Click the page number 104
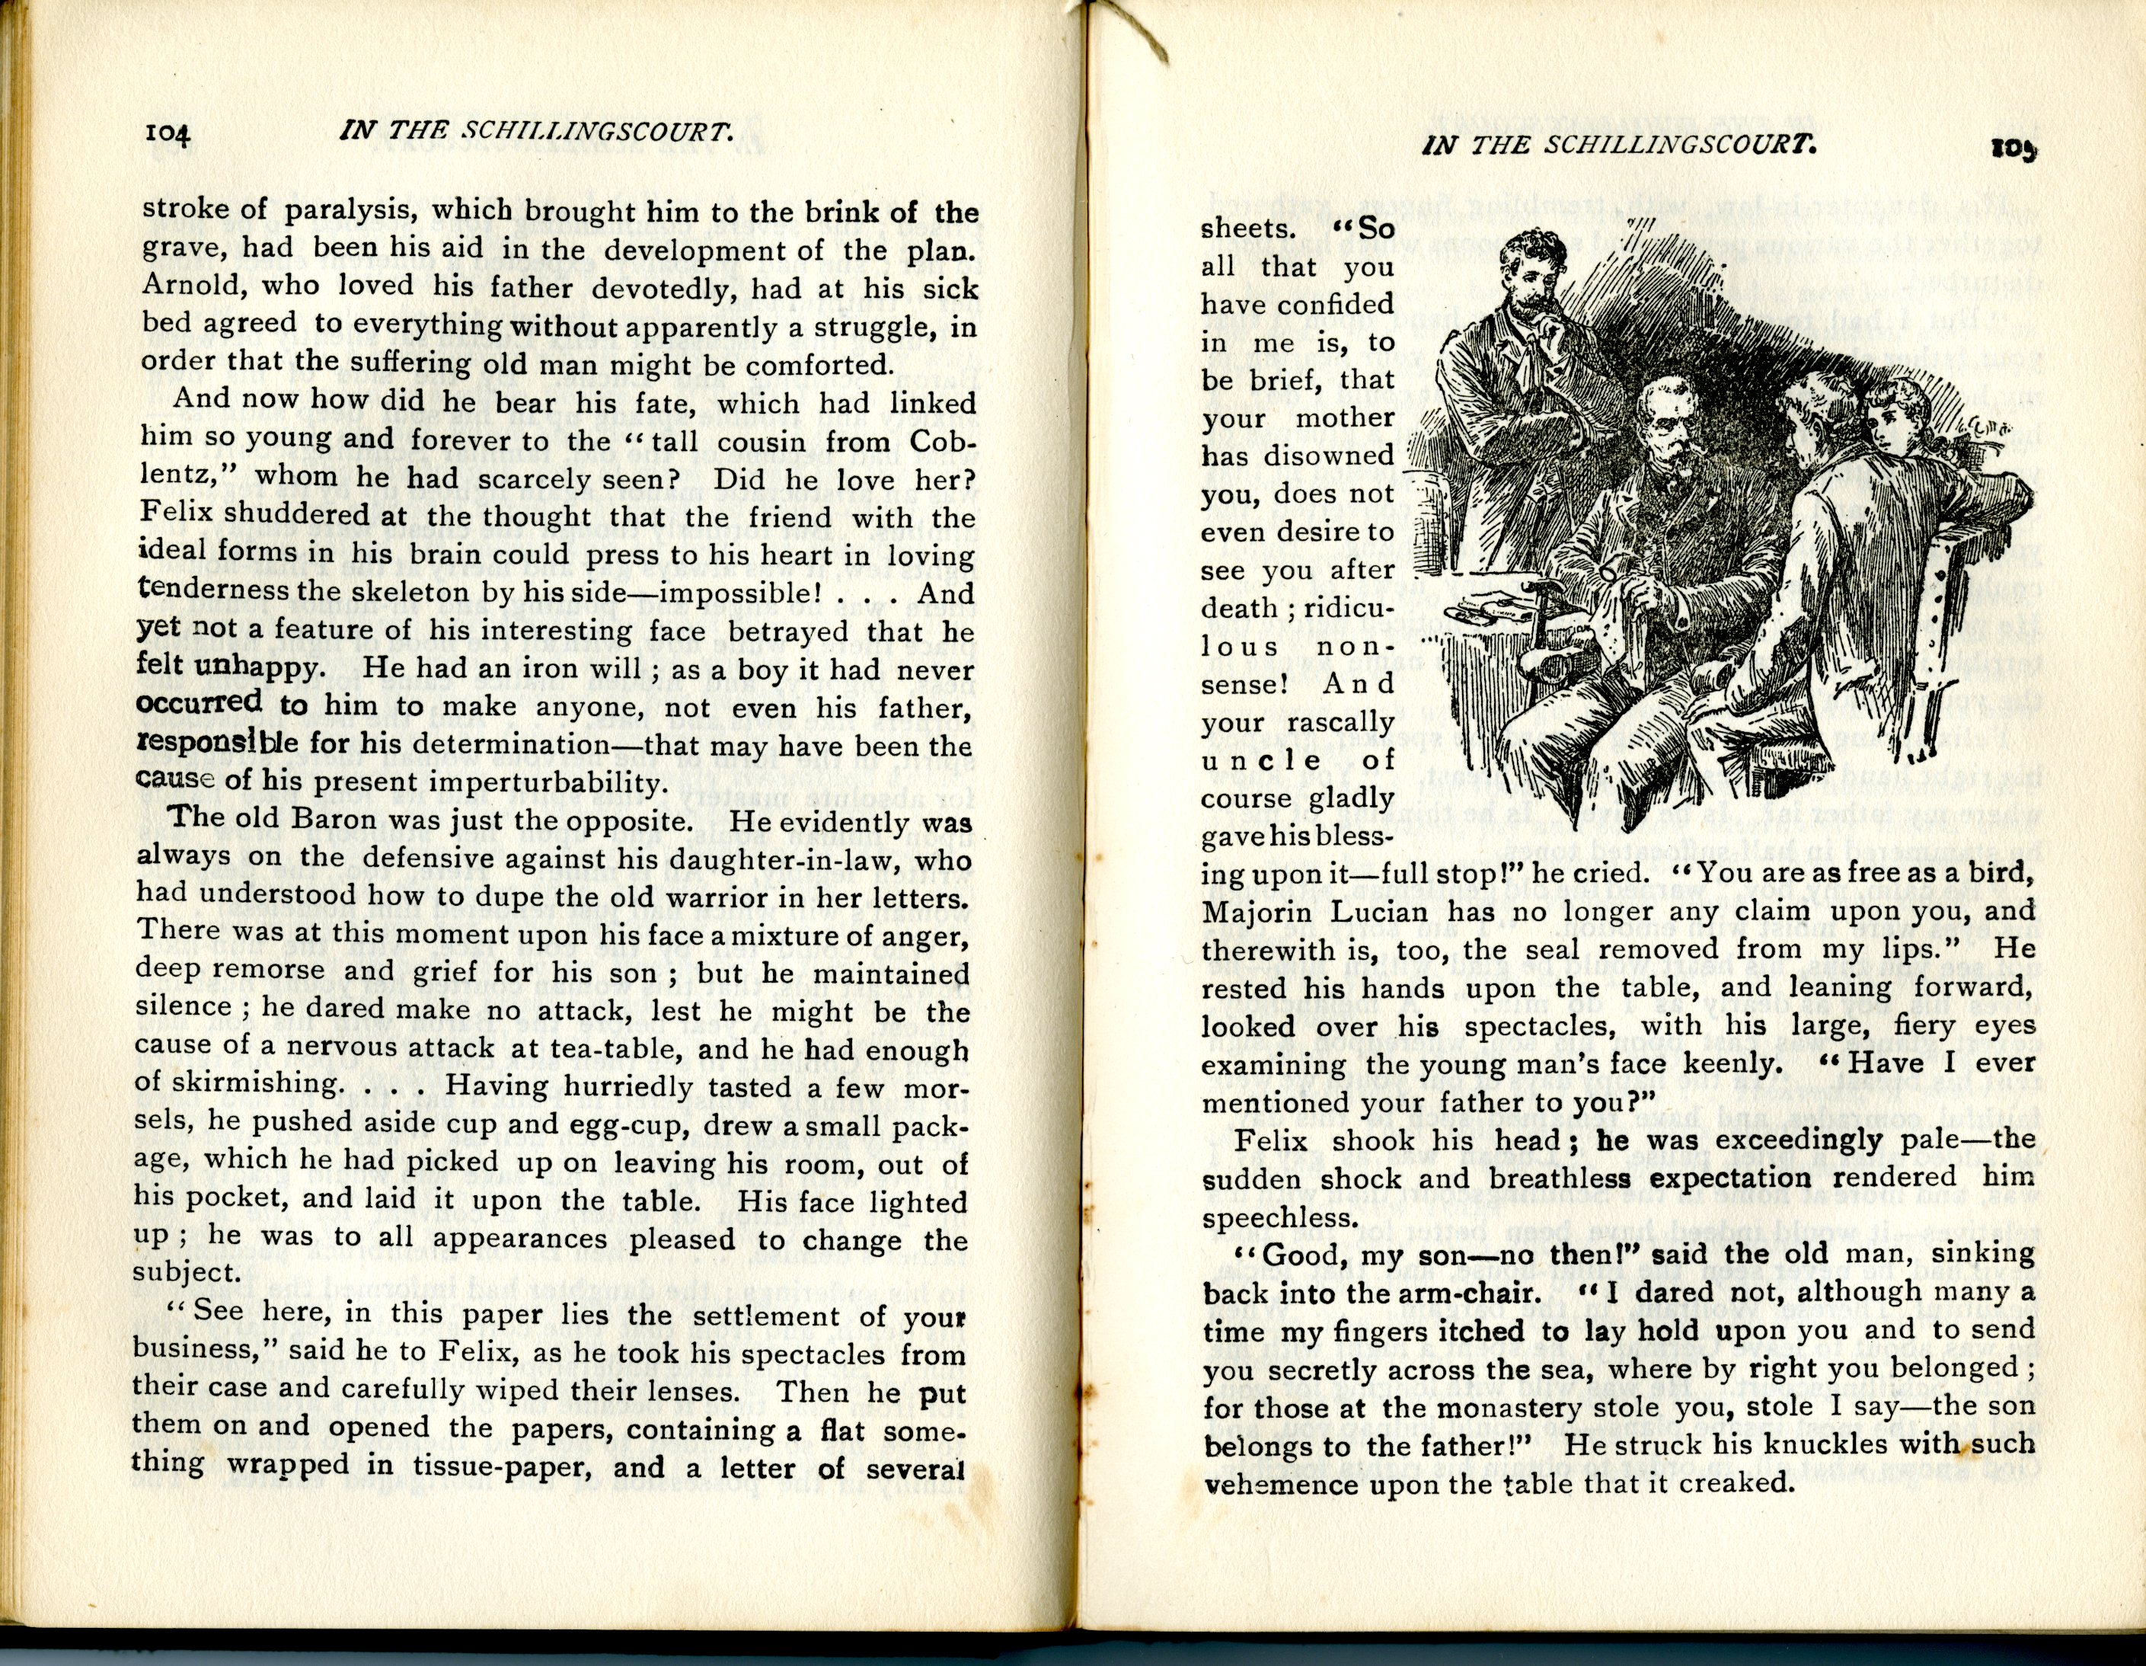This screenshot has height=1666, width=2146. point(172,133)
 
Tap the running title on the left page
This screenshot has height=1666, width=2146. point(535,132)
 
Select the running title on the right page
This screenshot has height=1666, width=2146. point(1617,145)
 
